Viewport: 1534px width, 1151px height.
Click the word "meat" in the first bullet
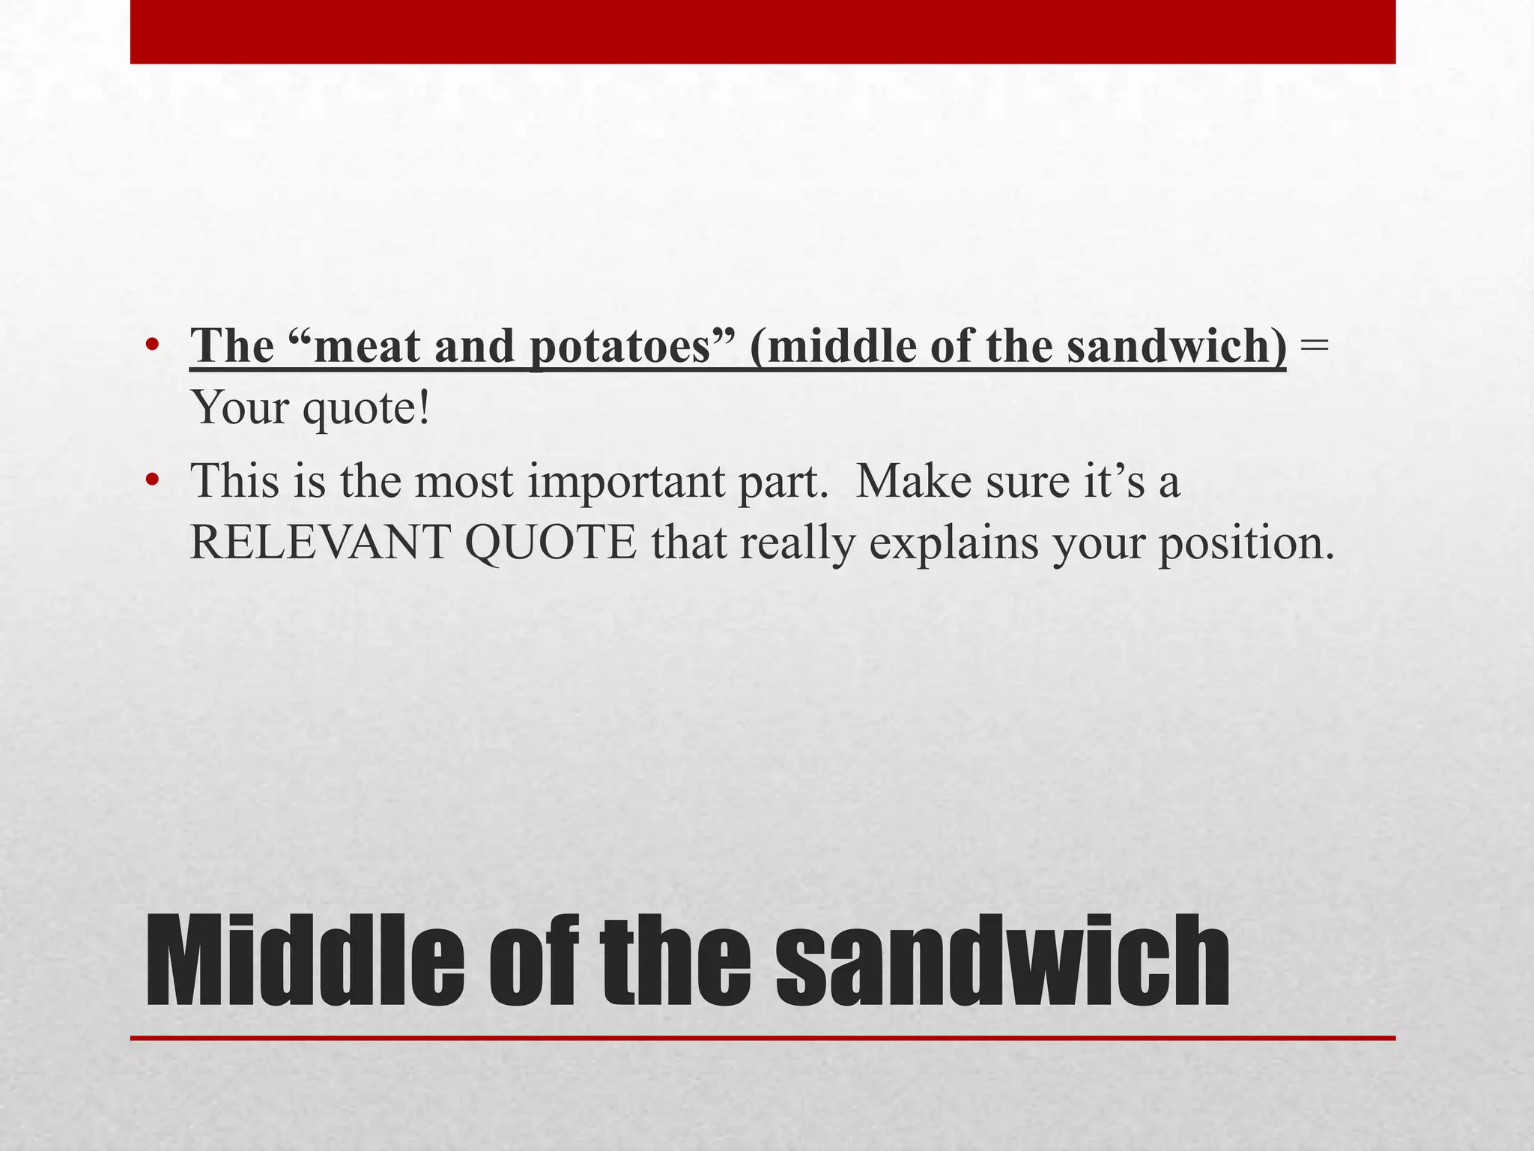click(x=367, y=346)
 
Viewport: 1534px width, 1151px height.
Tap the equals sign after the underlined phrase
click(x=1315, y=346)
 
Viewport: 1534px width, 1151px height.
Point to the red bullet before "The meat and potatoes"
click(x=153, y=345)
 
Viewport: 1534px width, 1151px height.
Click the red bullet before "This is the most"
click(x=153, y=480)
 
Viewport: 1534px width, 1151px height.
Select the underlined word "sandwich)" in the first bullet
click(x=1177, y=346)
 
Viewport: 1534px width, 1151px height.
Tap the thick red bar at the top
click(x=763, y=31)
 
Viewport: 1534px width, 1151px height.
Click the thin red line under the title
click(x=763, y=1038)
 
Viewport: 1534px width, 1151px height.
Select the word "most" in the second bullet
click(x=464, y=481)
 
